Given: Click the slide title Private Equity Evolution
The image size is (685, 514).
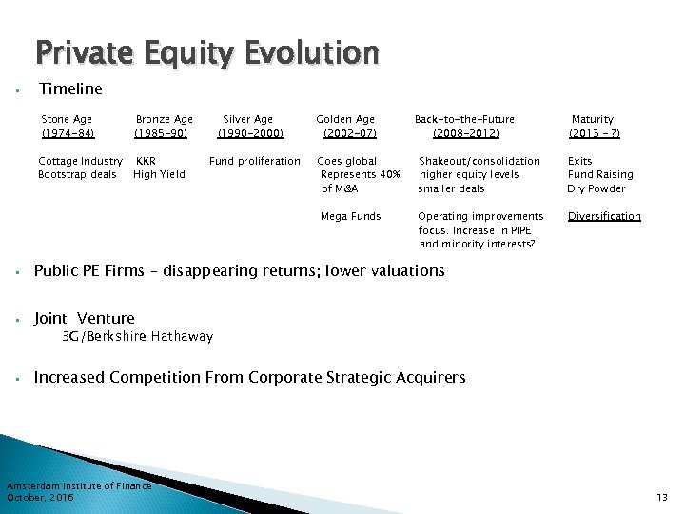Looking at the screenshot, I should click(x=207, y=52).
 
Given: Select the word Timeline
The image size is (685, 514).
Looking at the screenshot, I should click(x=70, y=89).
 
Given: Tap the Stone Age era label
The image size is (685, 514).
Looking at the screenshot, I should click(x=68, y=119).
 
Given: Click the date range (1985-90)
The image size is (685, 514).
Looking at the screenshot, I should click(x=161, y=133).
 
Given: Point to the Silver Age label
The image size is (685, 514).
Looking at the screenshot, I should click(x=247, y=119).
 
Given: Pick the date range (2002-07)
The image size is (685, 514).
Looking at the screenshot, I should click(x=349, y=133).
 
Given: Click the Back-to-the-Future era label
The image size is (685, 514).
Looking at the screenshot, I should click(x=464, y=119).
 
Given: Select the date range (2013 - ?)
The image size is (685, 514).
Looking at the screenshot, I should click(x=594, y=133).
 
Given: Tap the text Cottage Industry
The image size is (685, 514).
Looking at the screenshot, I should click(x=80, y=161).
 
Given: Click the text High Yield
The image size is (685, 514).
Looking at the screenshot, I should click(x=159, y=174).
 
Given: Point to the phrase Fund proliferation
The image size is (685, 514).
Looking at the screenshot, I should click(x=254, y=161).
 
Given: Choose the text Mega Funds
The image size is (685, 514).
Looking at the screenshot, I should click(x=351, y=216).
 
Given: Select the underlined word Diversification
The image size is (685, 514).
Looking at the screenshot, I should click(x=604, y=216).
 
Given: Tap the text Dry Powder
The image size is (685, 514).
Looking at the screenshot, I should click(x=597, y=188).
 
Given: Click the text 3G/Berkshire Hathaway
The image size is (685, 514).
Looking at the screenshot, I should click(x=137, y=336).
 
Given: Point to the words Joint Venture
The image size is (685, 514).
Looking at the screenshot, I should click(x=85, y=318).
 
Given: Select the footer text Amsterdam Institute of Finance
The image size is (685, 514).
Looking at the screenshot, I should click(x=79, y=486).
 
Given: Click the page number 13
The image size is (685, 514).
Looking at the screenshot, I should click(x=662, y=498).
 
